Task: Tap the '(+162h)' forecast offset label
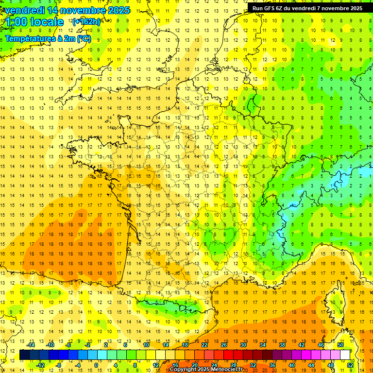pyautogui.click(x=86, y=21)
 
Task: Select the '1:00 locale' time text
pyautogui.click(x=35, y=22)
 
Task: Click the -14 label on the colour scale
pyautogui.click(x=31, y=344)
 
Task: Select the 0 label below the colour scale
pyautogui.click(x=96, y=365)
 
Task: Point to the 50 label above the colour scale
pyautogui.click(x=340, y=344)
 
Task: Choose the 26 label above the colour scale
pyautogui.click(x=224, y=344)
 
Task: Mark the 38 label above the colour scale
pyautogui.click(x=282, y=344)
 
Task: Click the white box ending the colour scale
pyautogui.click(x=345, y=355)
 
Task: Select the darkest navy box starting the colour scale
pyautogui.click(x=25, y=355)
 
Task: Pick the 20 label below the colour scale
pyautogui.click(x=194, y=365)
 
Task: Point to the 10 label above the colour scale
pyautogui.click(x=146, y=344)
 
